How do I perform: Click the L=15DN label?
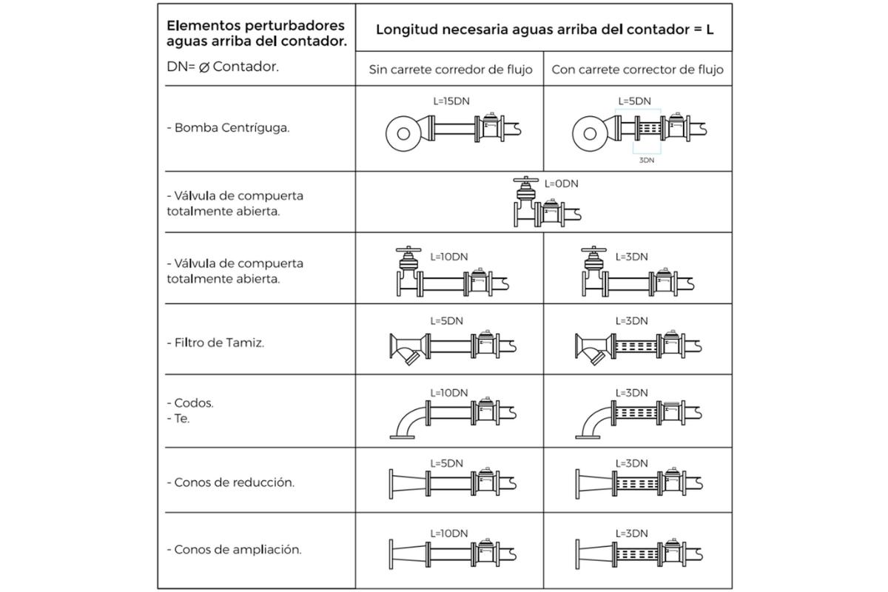coord(446,101)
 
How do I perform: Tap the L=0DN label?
coord(561,184)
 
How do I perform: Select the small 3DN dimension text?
coord(647,159)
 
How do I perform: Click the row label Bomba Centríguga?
coord(228,127)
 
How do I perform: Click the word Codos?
coord(193,403)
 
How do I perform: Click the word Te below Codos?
coord(182,418)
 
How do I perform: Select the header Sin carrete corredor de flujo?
coord(450,70)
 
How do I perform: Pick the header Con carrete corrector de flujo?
coord(637,70)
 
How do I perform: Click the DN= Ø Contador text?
coord(223,67)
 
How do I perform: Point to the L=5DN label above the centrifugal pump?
coord(634,101)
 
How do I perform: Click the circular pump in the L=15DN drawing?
coord(403,134)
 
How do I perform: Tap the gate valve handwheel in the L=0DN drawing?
coord(525,180)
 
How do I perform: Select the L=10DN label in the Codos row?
coord(448,392)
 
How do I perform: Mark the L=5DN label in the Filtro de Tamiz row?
coord(446,321)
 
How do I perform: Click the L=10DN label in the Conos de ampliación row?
coord(448,533)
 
